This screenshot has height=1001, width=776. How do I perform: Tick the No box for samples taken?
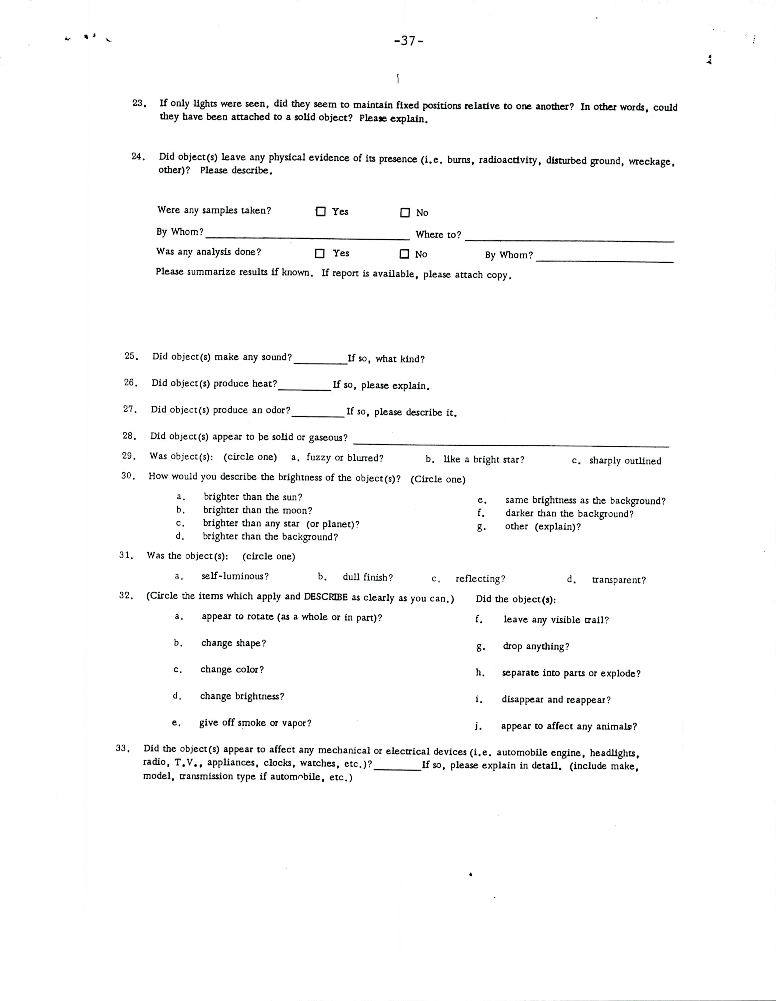coord(404,213)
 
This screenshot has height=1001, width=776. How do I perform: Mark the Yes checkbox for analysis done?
coord(320,254)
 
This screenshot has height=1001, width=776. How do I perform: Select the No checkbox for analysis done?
coord(404,254)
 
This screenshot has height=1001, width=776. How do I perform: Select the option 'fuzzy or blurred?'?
coord(344,458)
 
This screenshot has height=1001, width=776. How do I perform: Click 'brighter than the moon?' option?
coord(258,510)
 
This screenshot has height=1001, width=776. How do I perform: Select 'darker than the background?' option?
coord(569,514)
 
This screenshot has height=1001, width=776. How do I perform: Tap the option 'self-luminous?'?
coord(235,576)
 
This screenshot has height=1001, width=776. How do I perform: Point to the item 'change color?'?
coord(232,670)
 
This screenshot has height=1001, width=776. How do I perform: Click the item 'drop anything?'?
coord(536,646)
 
